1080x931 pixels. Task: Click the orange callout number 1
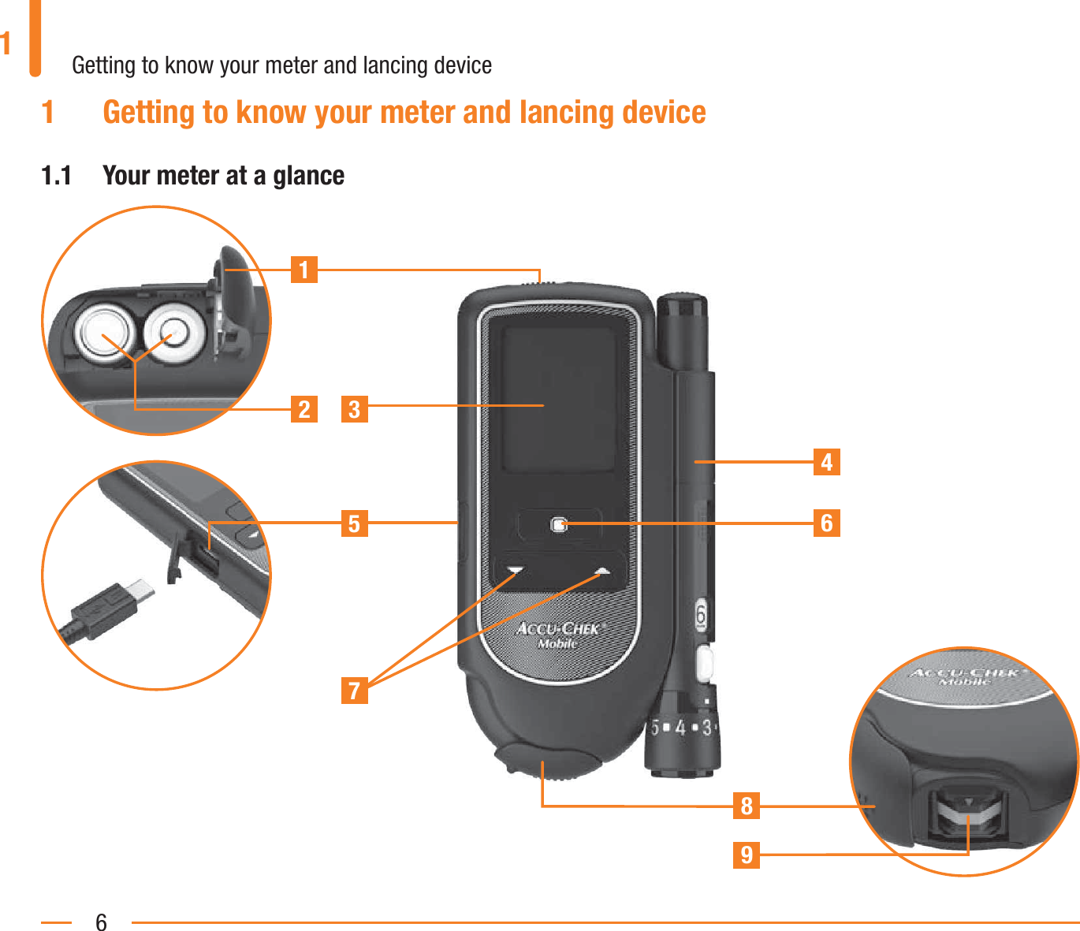click(x=304, y=270)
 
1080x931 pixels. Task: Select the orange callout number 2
click(x=304, y=409)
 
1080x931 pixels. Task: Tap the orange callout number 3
click(x=354, y=409)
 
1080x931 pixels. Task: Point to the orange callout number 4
click(x=826, y=461)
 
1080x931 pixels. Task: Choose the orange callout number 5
click(x=354, y=523)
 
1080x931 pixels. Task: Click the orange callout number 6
click(x=826, y=523)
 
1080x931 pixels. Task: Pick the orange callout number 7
click(x=354, y=690)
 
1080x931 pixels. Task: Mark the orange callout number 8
click(x=747, y=806)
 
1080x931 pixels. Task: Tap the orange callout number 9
click(x=747, y=855)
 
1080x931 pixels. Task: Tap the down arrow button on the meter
click(x=516, y=570)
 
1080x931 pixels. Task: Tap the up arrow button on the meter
click(x=603, y=570)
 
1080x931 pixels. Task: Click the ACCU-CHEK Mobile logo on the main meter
click(x=559, y=635)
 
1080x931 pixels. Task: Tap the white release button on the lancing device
click(x=705, y=663)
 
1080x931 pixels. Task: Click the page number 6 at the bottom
click(x=101, y=922)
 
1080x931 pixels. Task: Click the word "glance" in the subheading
click(x=308, y=175)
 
